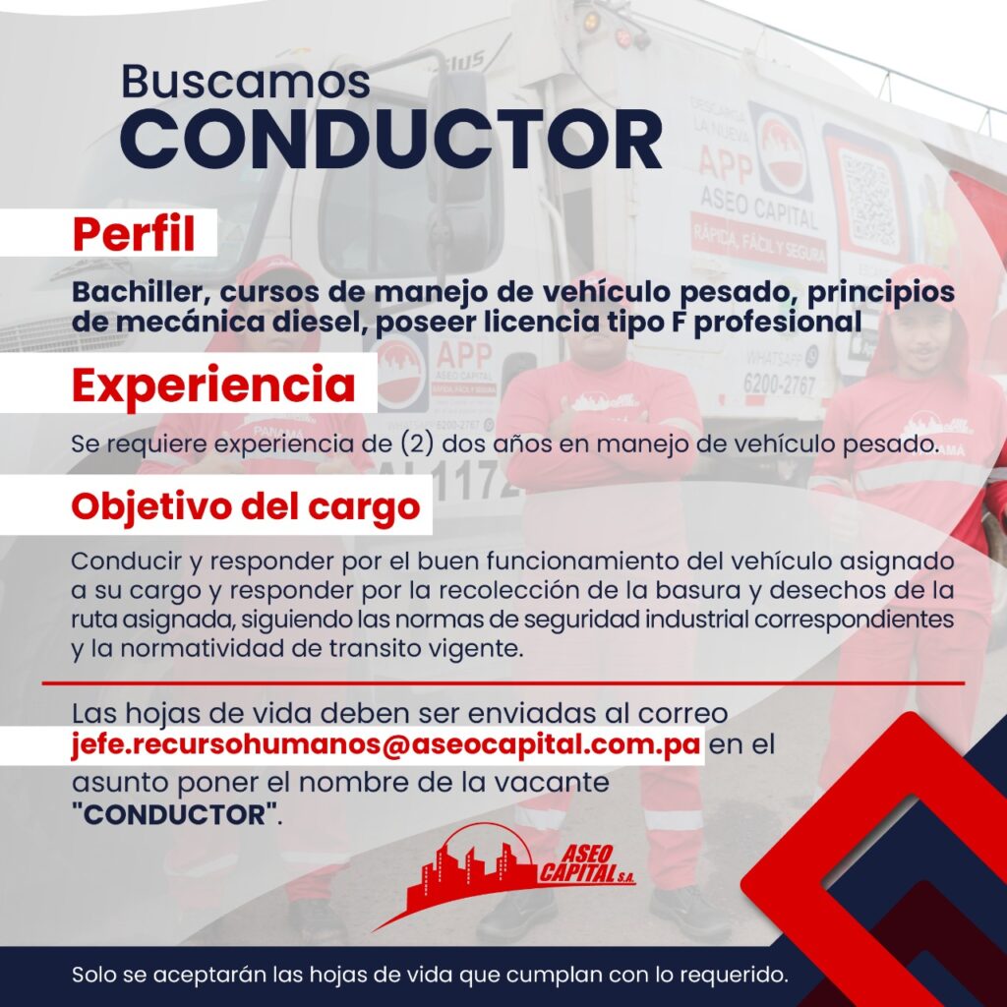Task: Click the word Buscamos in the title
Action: click(x=245, y=82)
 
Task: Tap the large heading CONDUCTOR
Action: click(x=391, y=140)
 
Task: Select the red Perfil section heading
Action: click(x=134, y=233)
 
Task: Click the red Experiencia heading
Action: click(x=213, y=385)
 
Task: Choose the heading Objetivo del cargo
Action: click(x=245, y=506)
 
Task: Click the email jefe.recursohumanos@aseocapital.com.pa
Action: click(x=385, y=744)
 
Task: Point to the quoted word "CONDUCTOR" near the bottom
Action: click(x=175, y=814)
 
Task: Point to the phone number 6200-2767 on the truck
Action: click(x=780, y=385)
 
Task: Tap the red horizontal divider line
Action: click(x=503, y=683)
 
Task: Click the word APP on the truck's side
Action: click(x=725, y=163)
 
